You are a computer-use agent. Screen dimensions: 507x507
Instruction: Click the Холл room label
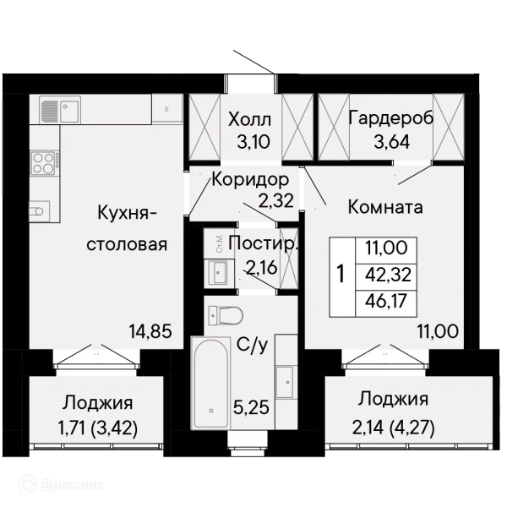249,120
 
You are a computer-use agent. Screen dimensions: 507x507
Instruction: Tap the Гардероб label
391,118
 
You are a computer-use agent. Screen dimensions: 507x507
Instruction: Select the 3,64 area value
392,141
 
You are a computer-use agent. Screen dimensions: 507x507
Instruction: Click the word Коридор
250,179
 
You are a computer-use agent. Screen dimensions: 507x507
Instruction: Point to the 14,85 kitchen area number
150,331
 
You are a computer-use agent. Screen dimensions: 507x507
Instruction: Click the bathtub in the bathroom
210,383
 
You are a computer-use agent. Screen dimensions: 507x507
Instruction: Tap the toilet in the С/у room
226,315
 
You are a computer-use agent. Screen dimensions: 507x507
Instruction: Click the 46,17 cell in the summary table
386,301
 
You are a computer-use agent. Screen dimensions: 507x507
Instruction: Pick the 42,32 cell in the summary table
386,275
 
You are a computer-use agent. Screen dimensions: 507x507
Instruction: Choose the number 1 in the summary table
341,274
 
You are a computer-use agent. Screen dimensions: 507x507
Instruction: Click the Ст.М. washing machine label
220,244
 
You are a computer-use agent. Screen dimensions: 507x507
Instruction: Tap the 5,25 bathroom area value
251,407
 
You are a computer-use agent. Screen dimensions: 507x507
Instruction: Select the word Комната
385,207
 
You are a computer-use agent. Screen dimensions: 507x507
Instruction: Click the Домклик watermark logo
62,485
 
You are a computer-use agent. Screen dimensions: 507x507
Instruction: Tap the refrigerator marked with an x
166,108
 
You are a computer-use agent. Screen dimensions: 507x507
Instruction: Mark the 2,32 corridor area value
275,200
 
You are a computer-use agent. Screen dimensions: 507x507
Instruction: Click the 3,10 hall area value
253,142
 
